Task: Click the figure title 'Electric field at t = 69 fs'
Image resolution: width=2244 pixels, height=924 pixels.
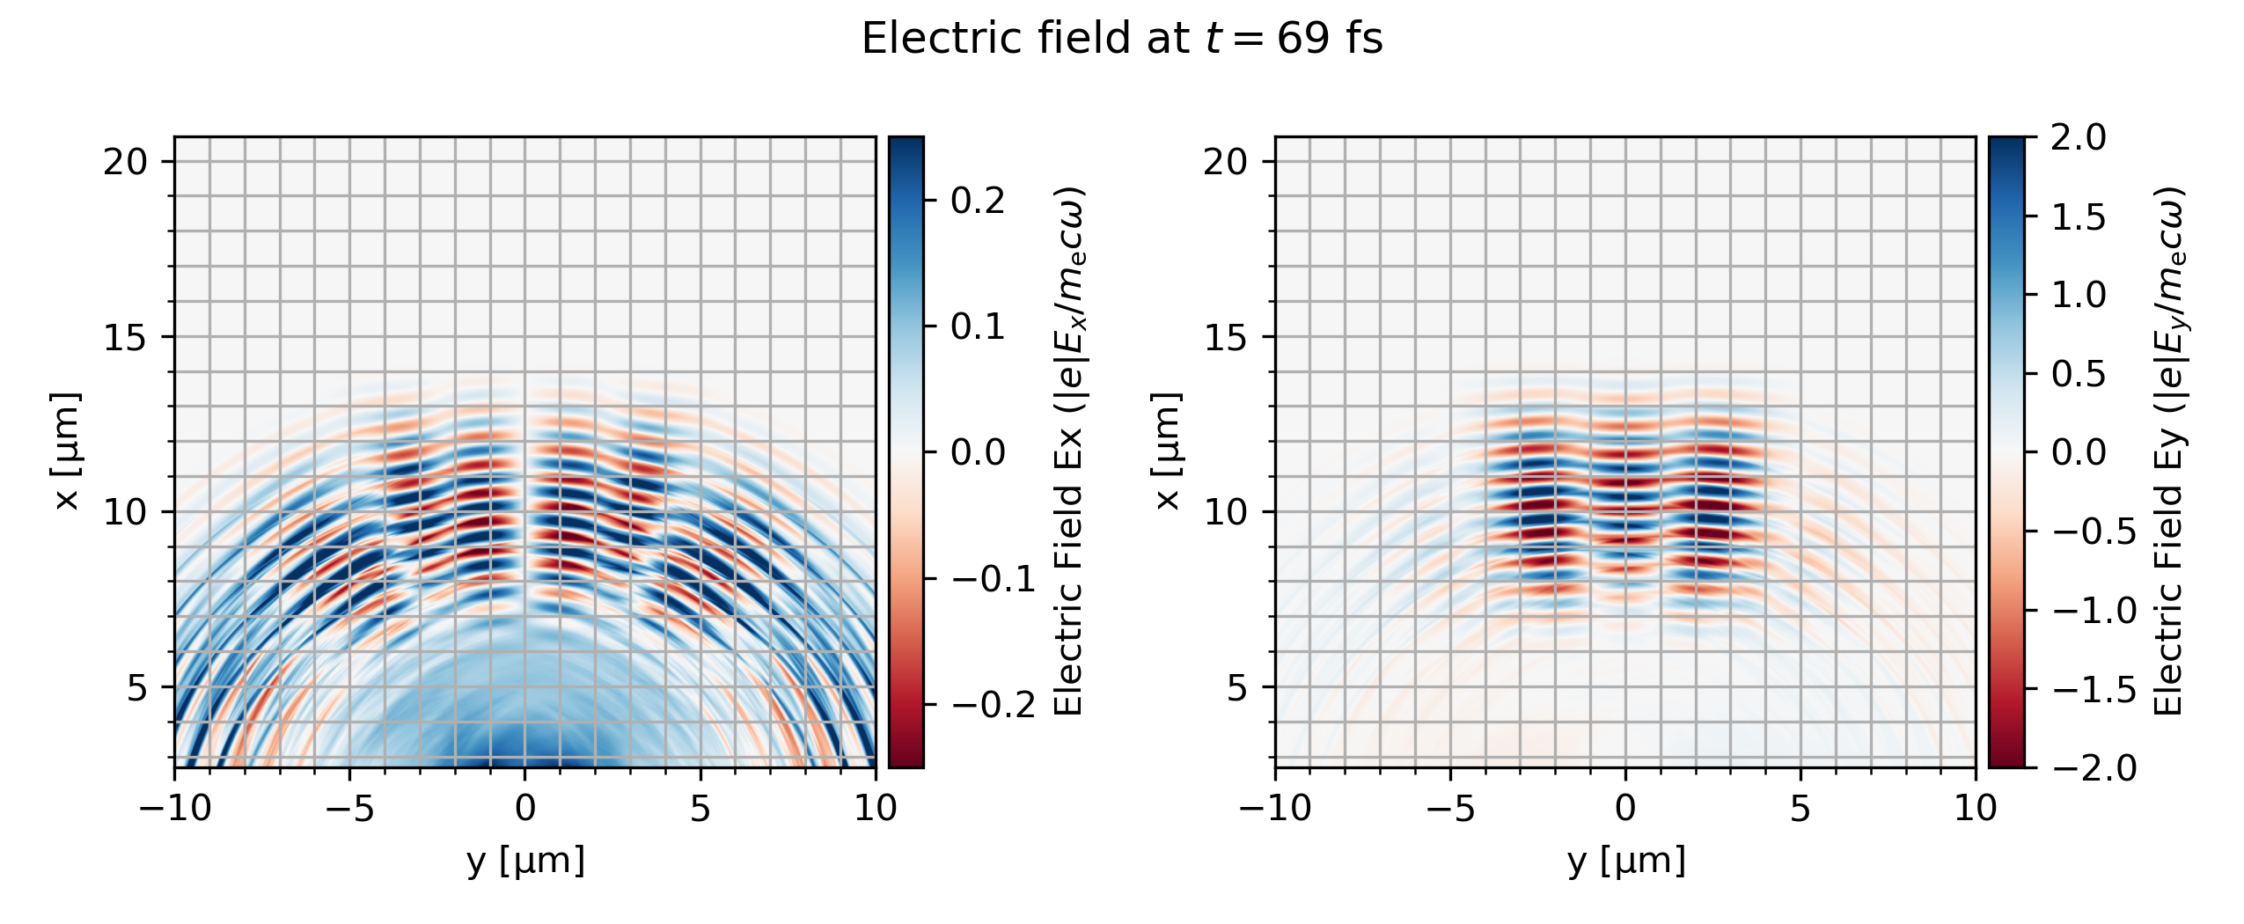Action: click(x=1122, y=39)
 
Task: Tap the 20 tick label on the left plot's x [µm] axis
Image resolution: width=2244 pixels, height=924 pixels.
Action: click(x=125, y=162)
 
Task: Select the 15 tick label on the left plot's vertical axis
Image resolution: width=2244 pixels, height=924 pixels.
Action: click(x=125, y=337)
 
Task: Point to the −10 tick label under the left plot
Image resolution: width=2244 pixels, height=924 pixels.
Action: click(x=175, y=808)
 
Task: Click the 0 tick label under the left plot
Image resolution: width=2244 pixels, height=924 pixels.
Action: click(x=525, y=808)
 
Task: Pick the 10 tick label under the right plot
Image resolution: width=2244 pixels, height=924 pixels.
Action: click(x=1976, y=808)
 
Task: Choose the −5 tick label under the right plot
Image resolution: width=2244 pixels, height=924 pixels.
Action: click(x=1451, y=808)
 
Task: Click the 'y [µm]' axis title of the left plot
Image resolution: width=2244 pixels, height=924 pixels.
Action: click(x=525, y=860)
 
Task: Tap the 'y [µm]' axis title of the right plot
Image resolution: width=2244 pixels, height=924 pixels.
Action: click(x=1626, y=860)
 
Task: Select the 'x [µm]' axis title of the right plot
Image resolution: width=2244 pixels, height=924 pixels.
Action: click(x=1166, y=451)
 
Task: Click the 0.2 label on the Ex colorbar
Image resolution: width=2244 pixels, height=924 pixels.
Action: click(x=978, y=202)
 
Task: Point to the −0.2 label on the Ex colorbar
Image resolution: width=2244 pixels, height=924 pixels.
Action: click(x=994, y=705)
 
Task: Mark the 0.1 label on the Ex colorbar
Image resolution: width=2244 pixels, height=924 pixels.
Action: click(x=978, y=327)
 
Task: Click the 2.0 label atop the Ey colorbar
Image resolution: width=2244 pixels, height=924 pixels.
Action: click(x=2079, y=137)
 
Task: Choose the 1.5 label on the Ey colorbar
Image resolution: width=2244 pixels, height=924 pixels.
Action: click(x=2079, y=216)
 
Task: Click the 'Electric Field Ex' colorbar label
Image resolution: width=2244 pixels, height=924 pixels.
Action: click(x=1070, y=451)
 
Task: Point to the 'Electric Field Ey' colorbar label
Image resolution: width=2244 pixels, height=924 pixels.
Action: click(x=2170, y=451)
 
